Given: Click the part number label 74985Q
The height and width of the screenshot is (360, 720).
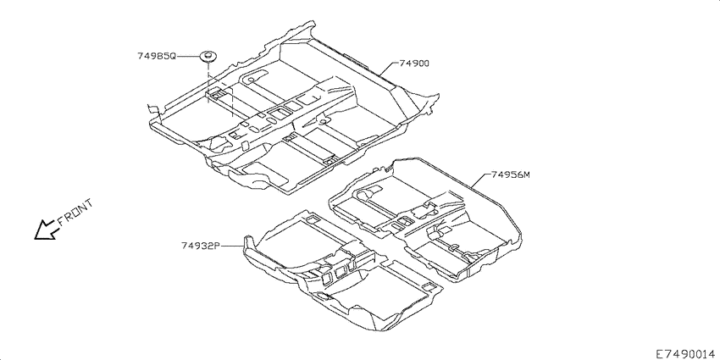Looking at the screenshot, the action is pos(157,57).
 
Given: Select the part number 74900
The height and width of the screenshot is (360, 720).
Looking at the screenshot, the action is pos(414,64).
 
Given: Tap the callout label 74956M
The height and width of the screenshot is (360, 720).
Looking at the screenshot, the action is pos(511,174).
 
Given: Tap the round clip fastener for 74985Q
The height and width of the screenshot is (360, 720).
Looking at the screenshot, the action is pos(208,58).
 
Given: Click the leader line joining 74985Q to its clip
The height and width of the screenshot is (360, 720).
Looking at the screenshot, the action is pos(189,57).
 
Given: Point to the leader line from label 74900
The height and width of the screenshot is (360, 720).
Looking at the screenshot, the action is pos(389,69).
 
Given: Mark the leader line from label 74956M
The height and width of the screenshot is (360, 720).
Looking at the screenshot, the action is pos(480,180).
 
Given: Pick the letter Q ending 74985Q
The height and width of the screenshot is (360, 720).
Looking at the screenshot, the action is pos(173,57).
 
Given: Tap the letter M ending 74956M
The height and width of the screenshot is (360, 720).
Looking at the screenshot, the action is pos(527,174).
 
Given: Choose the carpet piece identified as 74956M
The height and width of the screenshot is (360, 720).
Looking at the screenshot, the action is pos(427,220).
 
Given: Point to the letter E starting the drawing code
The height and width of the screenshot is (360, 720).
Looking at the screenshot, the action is pos(659,354).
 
